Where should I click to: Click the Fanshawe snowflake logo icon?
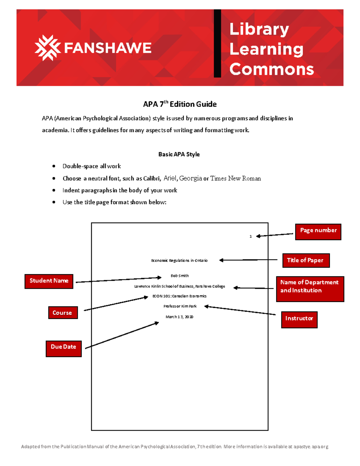47,48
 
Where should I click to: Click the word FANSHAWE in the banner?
108,48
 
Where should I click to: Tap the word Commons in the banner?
271,69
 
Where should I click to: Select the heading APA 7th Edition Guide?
180,104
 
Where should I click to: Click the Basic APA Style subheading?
179,154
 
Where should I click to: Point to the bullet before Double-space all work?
54,166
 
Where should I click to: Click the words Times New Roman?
235,178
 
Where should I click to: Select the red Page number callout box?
318,232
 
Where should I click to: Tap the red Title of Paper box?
306,260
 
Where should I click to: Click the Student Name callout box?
49,281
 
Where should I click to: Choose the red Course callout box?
63,313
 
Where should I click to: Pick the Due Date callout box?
64,348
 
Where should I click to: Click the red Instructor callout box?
299,320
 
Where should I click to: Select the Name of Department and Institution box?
310,289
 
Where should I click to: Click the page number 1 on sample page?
250,236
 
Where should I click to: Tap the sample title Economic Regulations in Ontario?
179,260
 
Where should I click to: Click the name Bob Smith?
180,276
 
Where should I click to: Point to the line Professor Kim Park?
180,306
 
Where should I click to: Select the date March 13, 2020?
179,317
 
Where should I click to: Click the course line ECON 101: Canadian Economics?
179,296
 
